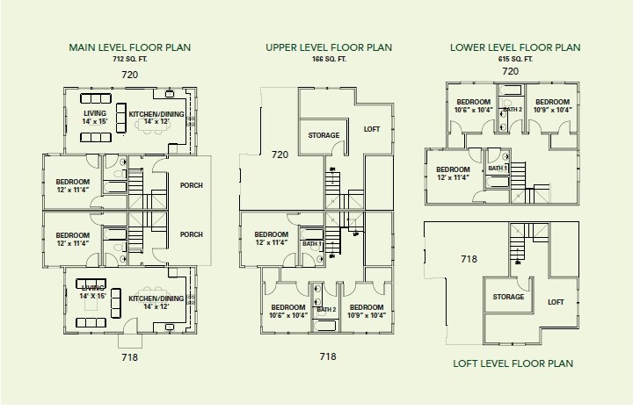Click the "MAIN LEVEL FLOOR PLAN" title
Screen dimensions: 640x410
[129, 47]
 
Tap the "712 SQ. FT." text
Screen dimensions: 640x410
[129, 58]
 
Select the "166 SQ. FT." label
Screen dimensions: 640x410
[329, 58]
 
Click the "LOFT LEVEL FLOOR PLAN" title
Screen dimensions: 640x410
[513, 363]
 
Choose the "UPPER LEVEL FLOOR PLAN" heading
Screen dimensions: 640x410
[329, 47]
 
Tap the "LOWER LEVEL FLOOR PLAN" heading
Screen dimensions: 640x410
[515, 47]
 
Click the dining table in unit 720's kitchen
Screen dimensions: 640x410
[156, 125]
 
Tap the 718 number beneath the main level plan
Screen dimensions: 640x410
[129, 357]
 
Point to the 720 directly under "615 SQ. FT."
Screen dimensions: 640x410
[510, 70]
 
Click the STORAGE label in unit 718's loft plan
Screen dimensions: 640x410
[507, 297]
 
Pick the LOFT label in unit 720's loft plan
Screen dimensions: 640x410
[373, 129]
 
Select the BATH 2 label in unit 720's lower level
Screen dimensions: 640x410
[513, 109]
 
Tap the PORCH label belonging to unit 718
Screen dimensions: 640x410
[191, 234]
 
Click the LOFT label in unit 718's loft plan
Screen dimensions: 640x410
[556, 301]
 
